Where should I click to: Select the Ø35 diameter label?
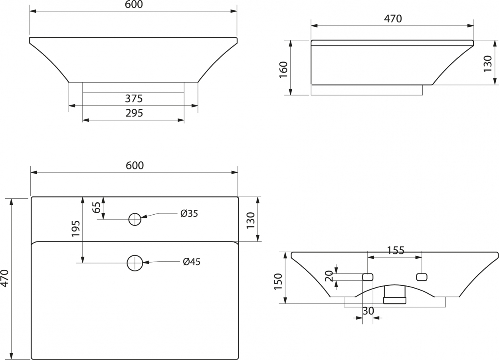click(x=189, y=214)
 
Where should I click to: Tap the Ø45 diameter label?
click(x=192, y=262)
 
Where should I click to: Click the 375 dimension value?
click(x=134, y=99)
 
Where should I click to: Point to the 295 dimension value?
click(x=134, y=113)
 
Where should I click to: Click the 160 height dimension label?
click(x=283, y=69)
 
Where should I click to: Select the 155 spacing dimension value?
click(x=396, y=251)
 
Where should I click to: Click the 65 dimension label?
click(x=97, y=208)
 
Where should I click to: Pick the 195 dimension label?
click(x=75, y=229)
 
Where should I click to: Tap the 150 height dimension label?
click(x=278, y=282)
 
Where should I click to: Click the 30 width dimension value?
click(x=368, y=311)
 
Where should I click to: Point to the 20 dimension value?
click(x=329, y=276)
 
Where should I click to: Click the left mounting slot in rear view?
click(x=368, y=277)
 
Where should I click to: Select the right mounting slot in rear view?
click(x=422, y=277)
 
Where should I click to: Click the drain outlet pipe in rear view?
click(x=394, y=295)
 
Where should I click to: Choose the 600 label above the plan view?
click(x=135, y=166)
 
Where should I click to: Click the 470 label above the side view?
click(x=393, y=19)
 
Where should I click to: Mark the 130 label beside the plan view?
click(x=251, y=220)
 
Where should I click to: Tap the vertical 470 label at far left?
click(x=5, y=279)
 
